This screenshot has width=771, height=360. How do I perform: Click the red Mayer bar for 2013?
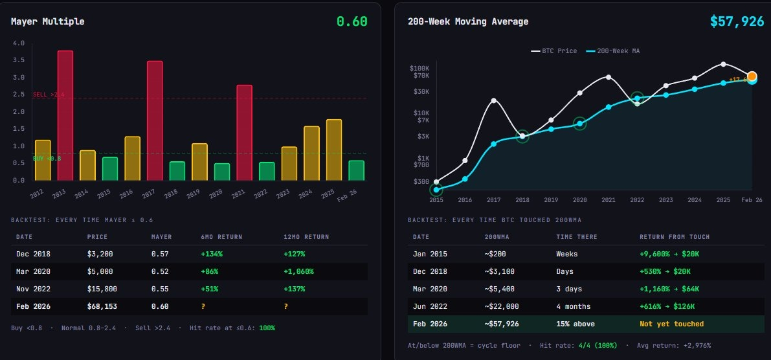click(65, 115)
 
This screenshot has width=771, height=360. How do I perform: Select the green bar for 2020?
click(222, 172)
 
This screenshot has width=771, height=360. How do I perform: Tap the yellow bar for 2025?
click(334, 150)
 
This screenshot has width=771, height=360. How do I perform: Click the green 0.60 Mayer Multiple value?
click(352, 21)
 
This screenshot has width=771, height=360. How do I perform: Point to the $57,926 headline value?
click(737, 21)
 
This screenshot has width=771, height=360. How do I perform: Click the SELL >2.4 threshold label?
click(49, 95)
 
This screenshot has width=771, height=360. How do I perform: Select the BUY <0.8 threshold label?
click(47, 158)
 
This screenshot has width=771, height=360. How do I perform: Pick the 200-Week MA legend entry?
click(612, 51)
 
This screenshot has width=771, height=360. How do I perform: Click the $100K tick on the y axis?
click(419, 68)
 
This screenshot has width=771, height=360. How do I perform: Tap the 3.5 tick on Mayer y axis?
click(18, 60)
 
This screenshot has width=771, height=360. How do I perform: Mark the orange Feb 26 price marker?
click(752, 76)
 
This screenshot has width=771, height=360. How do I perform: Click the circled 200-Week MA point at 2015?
click(436, 190)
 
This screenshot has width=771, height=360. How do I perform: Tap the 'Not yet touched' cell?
click(671, 324)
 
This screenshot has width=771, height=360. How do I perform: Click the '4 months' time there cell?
click(572, 306)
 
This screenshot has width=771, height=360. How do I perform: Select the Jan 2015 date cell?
click(430, 254)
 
